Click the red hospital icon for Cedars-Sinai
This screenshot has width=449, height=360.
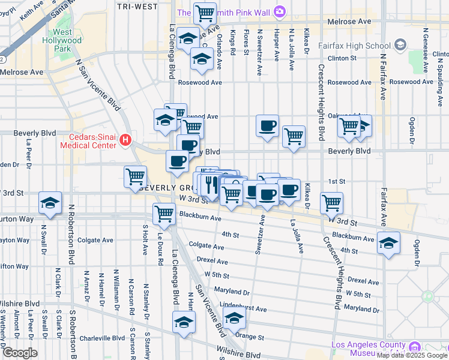coord(125,140)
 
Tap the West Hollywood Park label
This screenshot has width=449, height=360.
coord(67,40)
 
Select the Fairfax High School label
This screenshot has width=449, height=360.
coord(360,45)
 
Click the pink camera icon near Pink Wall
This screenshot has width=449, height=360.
coord(279,11)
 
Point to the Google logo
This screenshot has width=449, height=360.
coord(19,353)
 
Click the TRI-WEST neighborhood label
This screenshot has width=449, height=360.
coord(138,7)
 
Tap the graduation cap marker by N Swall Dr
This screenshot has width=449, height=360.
coord(50,202)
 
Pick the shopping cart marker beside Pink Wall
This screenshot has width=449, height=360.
coord(205,12)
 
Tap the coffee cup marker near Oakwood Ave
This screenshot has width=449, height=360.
coord(267,126)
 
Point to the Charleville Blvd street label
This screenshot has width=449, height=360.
coord(103,338)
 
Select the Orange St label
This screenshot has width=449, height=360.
coord(249,337)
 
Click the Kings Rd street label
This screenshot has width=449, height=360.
coord(232,44)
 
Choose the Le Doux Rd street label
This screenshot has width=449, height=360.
coord(160,247)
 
